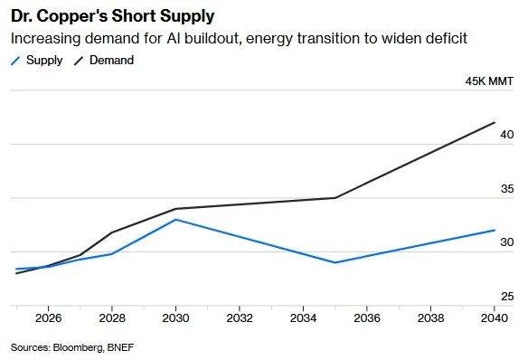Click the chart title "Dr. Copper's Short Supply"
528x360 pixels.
112,16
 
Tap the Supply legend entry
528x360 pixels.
37,61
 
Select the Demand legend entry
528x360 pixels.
104,61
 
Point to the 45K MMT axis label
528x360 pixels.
489,81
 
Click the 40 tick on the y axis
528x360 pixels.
507,135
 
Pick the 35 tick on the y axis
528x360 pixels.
507,189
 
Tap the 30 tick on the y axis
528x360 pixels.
507,242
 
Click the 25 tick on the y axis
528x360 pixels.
507,297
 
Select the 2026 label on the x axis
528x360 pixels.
48,317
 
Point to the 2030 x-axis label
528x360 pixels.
175,317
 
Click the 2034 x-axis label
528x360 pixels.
303,317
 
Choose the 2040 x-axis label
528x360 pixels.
495,317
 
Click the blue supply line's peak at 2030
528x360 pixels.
175,220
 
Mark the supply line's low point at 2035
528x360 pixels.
335,262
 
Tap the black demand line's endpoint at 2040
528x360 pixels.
495,123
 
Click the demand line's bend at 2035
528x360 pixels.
335,198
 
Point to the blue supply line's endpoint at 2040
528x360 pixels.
495,231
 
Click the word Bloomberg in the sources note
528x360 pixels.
78,347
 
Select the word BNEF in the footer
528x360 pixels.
120,347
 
